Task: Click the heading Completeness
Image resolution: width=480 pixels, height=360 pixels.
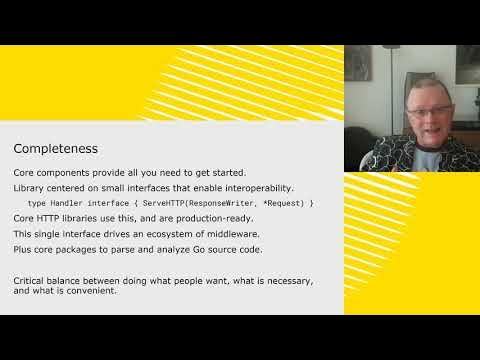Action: click(x=55, y=149)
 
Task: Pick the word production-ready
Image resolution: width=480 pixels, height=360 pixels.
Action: click(x=218, y=218)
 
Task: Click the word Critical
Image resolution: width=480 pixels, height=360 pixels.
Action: click(x=30, y=280)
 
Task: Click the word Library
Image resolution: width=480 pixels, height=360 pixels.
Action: click(x=29, y=188)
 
